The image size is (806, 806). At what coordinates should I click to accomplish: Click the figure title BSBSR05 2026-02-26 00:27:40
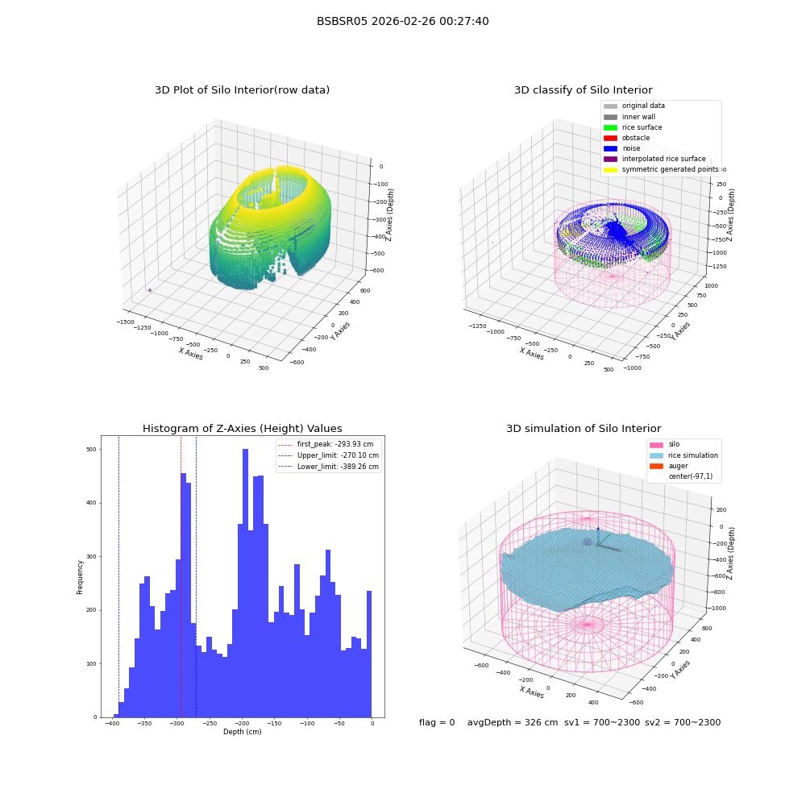(402, 21)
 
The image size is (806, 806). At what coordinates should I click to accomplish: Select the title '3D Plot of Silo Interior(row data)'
(242, 90)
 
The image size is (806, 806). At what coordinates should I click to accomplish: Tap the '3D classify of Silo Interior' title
(584, 90)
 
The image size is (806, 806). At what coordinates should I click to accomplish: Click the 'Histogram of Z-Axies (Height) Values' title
(242, 428)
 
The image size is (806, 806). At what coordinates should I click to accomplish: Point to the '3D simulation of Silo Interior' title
(584, 428)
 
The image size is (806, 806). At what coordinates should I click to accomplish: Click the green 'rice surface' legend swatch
(610, 127)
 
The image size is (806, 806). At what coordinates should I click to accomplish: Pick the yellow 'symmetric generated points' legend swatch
(610, 169)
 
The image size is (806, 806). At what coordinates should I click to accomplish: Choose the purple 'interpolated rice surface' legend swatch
(610, 159)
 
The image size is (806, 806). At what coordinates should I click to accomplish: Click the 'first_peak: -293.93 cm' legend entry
(326, 444)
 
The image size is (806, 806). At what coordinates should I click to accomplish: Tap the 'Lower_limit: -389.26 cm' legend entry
(329, 467)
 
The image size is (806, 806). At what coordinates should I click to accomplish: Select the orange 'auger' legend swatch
(656, 466)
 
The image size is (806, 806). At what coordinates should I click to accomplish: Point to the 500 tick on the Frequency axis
(91, 449)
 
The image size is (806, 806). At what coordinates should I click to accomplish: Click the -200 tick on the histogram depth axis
(242, 723)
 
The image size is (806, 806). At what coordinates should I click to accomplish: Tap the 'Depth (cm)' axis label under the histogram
(242, 732)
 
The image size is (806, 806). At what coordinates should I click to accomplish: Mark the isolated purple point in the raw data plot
(150, 290)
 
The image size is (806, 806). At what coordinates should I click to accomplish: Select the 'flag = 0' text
(437, 722)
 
